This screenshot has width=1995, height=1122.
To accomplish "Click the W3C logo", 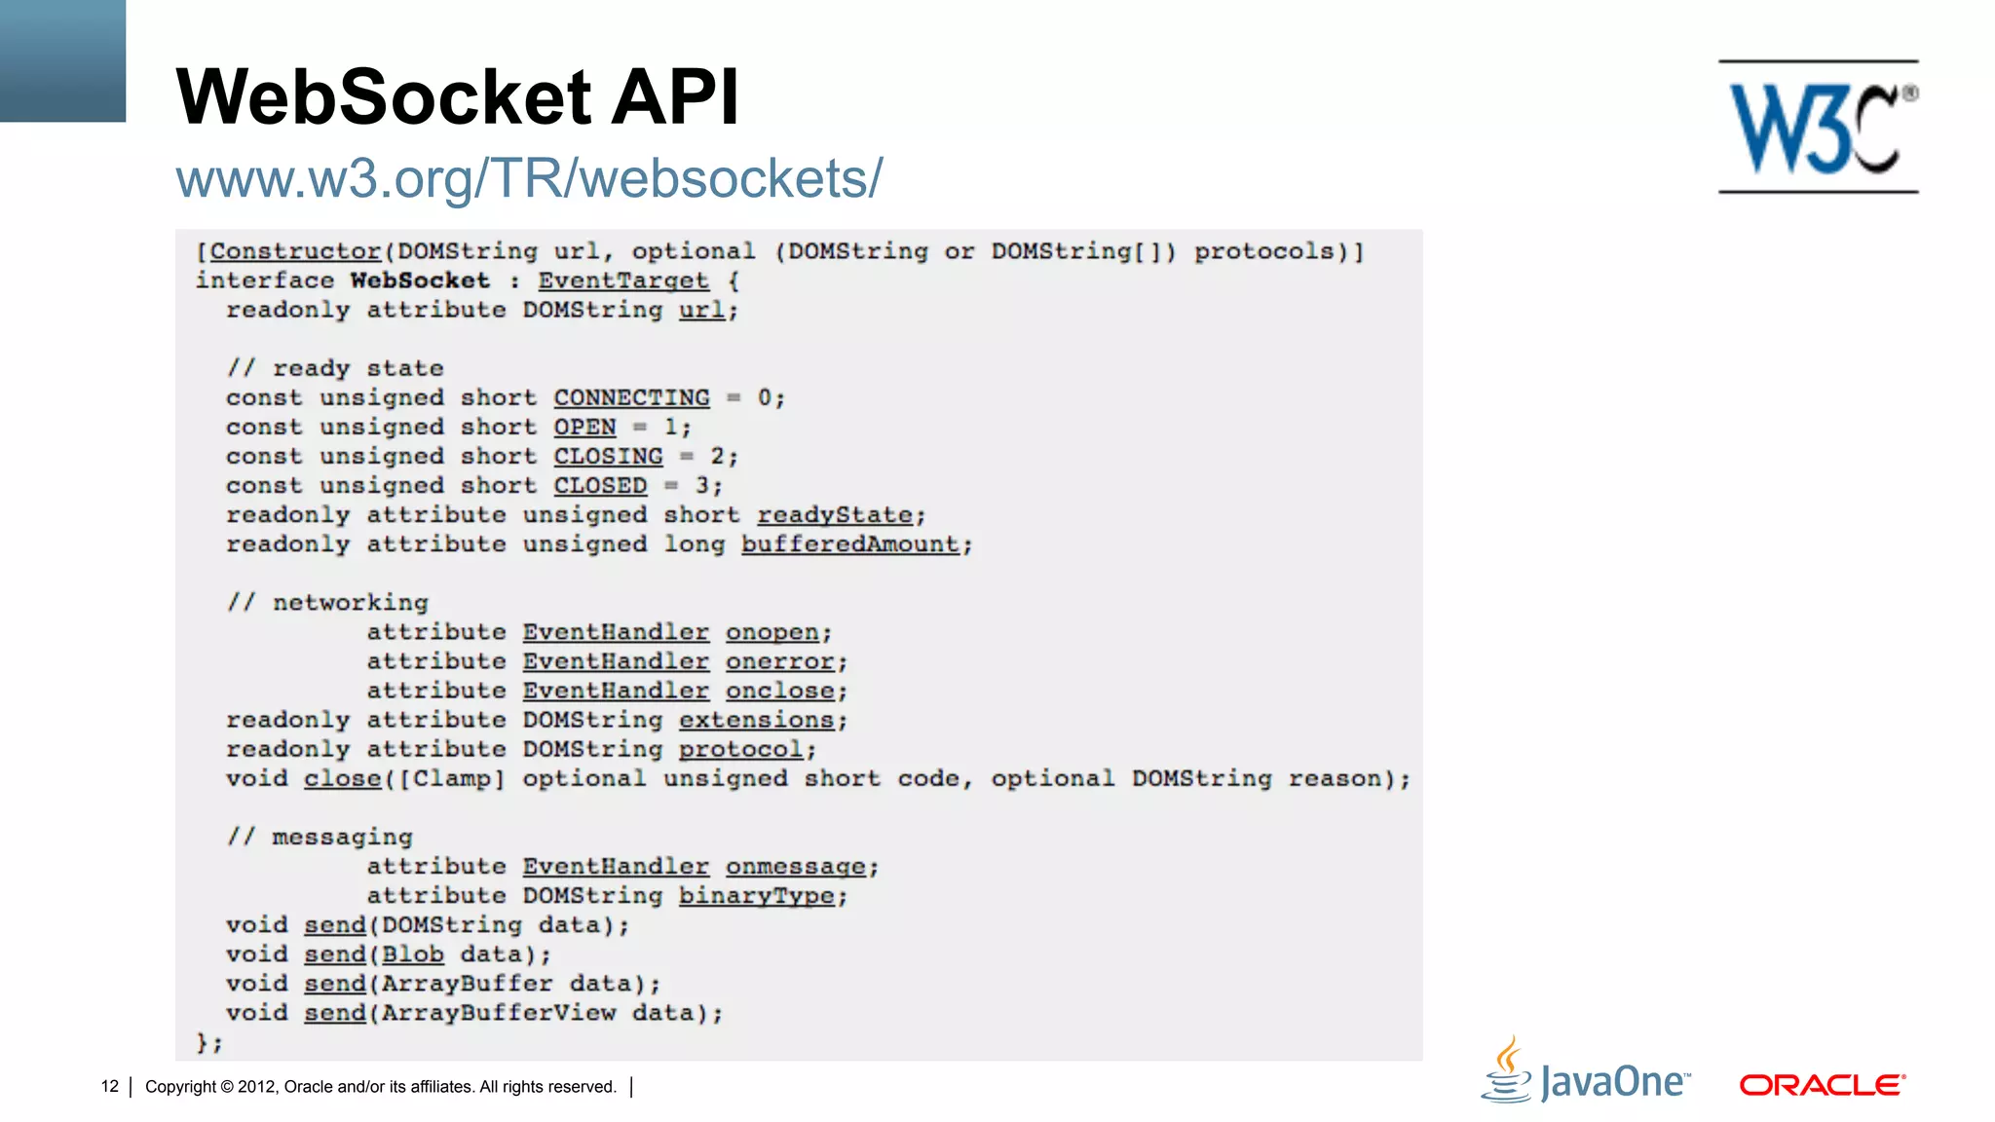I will (x=1818, y=127).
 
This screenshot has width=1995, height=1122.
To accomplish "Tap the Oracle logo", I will (x=1822, y=1085).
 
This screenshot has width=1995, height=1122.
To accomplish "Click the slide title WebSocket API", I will (x=457, y=96).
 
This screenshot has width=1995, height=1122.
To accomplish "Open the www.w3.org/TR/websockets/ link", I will (x=529, y=178).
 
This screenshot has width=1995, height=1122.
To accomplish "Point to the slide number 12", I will (x=109, y=1086).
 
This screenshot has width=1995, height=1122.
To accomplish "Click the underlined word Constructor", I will (x=295, y=251).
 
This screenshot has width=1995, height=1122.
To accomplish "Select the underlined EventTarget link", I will (x=623, y=280).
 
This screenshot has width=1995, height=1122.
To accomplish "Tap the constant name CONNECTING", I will (x=631, y=397).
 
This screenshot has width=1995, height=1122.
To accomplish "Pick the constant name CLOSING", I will (x=608, y=456).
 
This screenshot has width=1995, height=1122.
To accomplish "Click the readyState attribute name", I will (x=835, y=514).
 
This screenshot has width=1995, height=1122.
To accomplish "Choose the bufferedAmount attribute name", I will (x=850, y=543).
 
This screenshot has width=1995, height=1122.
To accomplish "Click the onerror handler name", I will (x=780, y=661).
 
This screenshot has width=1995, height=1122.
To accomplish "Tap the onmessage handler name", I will (x=796, y=866).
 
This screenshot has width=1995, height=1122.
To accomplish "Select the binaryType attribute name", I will (x=757, y=895).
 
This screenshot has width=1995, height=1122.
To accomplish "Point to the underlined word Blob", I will (x=413, y=954).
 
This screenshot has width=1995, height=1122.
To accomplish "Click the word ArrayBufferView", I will (x=499, y=1013).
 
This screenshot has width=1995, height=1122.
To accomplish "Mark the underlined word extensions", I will (x=757, y=720).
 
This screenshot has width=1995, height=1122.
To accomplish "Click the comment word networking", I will (x=351, y=602).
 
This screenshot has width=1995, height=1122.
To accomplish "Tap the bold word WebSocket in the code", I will (x=420, y=280).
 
